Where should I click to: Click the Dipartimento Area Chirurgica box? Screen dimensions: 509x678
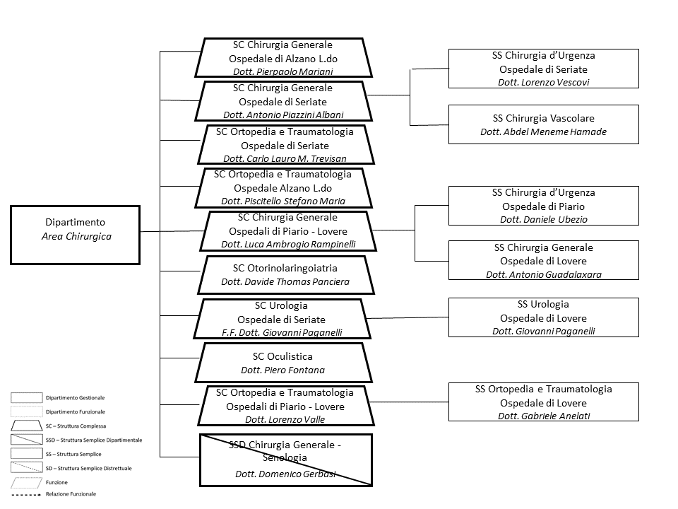76,235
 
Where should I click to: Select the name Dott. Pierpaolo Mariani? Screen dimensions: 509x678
282,71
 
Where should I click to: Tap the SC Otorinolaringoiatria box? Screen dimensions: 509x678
285,275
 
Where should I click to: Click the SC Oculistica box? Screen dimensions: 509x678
282,363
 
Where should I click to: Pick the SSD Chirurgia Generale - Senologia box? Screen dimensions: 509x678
285,460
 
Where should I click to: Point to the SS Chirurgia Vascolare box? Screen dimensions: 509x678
543,124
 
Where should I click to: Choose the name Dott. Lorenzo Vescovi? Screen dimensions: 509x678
543,82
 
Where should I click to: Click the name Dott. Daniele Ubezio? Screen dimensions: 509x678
543,219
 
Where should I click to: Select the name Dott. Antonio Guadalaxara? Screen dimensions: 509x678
543,274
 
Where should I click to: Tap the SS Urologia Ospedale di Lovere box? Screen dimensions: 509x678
543,317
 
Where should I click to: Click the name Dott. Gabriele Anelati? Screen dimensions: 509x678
543,416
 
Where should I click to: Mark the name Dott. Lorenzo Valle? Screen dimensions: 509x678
285,419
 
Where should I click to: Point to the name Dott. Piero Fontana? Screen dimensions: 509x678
282,370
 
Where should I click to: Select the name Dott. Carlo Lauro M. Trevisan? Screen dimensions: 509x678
285,158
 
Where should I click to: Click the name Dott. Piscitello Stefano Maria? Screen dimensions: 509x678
282,201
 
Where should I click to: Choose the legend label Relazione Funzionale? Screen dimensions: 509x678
71,493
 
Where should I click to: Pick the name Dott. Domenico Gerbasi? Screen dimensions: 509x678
285,474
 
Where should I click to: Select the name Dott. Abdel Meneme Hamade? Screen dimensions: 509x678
543,131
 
